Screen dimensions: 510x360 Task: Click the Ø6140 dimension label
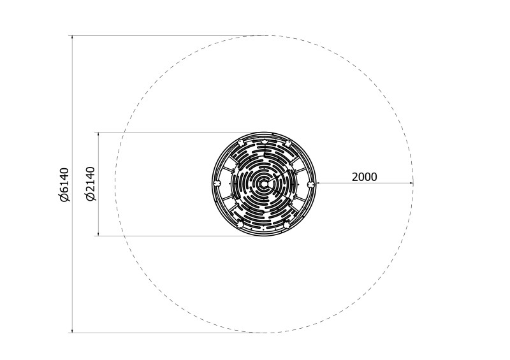tap(65, 184)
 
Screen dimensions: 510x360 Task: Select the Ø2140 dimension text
tap(91, 184)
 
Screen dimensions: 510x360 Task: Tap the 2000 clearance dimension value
tap(364, 177)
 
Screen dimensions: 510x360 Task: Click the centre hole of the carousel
tap(264, 184)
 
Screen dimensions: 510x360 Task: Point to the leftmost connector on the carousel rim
tap(216, 184)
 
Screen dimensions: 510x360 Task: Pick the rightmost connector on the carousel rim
tap(311, 184)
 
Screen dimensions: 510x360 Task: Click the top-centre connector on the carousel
tap(264, 143)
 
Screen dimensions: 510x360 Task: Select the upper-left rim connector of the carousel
tap(240, 143)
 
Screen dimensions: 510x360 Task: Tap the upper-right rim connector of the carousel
tap(288, 143)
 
